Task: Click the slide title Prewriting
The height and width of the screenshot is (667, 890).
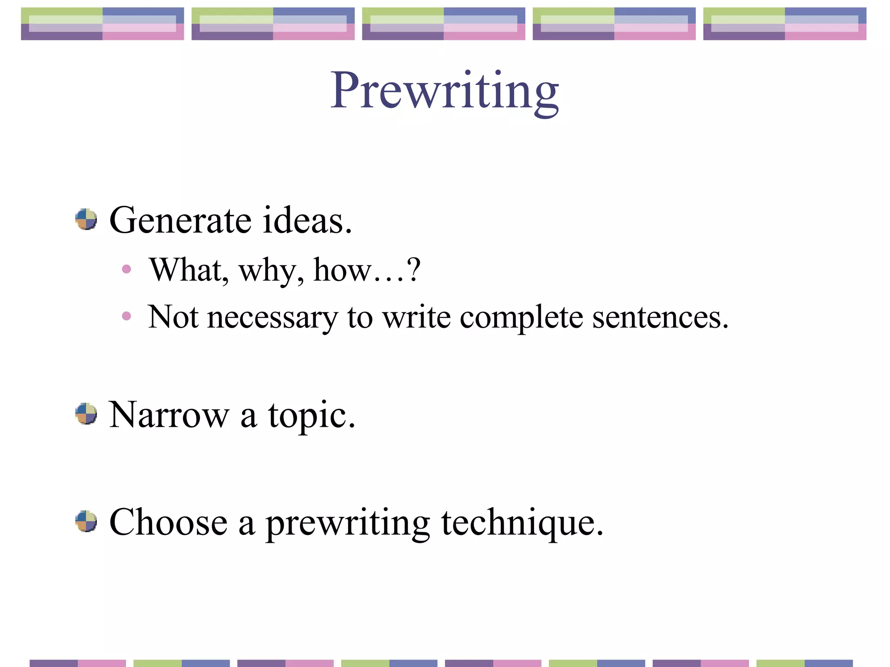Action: [444, 91]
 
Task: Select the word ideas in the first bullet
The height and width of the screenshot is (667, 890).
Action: [306, 220]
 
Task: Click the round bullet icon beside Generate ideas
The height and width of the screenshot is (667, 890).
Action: [86, 219]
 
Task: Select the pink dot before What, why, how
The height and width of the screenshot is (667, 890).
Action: [126, 269]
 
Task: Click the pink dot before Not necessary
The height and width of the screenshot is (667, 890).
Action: [126, 316]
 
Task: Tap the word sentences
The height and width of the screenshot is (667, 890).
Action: [660, 318]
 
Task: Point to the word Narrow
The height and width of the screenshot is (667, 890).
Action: [169, 415]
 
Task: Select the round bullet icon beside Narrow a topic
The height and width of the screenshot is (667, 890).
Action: [86, 413]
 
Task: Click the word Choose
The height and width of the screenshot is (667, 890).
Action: [169, 522]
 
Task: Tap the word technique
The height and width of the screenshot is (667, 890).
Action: [522, 523]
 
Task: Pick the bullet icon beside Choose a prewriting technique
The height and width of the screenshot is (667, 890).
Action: [86, 521]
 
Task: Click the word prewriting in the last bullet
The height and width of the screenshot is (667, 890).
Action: [348, 524]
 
